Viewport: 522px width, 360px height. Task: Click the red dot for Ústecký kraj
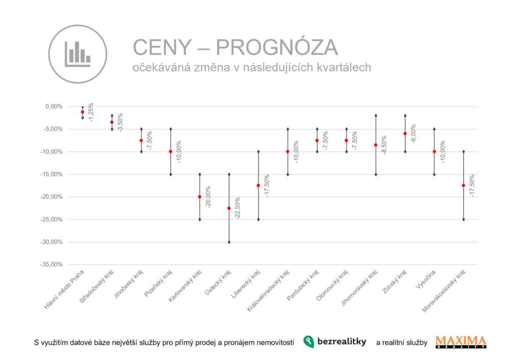click(x=229, y=208)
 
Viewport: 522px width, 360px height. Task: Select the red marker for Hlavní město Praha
click(x=83, y=112)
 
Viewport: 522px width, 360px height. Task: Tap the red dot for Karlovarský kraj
click(x=200, y=197)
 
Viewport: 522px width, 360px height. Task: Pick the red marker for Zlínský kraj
click(x=405, y=134)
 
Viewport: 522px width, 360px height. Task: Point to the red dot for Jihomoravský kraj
click(x=376, y=145)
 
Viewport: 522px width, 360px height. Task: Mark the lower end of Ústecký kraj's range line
click(x=229, y=242)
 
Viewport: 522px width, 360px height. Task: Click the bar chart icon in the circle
click(x=77, y=54)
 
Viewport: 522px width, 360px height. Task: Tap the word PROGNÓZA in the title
click(x=277, y=47)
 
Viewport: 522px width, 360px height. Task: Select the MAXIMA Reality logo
click(x=461, y=342)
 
